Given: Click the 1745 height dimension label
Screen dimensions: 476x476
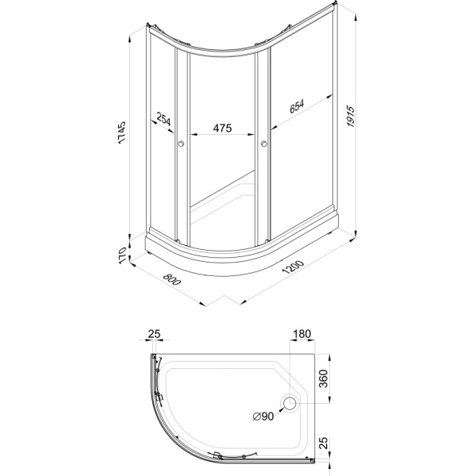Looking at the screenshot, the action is coord(121,132).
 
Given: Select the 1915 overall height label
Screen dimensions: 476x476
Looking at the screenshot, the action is coord(351,117).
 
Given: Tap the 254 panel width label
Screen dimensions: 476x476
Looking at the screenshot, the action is coord(164,119).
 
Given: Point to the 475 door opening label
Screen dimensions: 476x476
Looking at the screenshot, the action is coord(222,128).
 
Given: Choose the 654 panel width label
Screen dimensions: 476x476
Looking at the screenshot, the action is coord(297,106).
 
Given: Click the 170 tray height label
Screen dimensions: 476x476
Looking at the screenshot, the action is coord(121,256).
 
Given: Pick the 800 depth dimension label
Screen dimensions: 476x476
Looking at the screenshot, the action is coord(172,279).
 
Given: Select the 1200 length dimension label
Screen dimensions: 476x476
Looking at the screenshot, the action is coord(293,267).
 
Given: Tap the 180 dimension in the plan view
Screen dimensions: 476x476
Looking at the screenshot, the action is coord(301,334).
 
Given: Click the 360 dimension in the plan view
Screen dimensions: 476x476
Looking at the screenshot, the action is coord(324,378).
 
